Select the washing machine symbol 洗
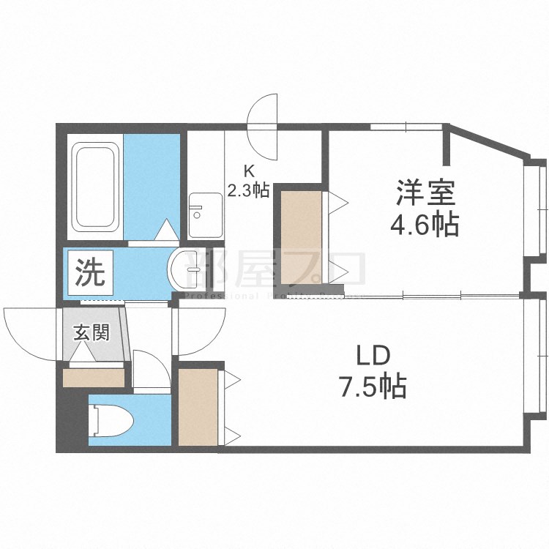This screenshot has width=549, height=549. click(x=91, y=272)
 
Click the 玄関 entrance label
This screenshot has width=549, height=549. click(x=91, y=332)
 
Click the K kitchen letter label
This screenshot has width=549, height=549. click(x=249, y=173)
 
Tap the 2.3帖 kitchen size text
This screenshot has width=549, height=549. click(x=249, y=191)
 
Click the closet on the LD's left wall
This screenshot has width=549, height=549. click(x=198, y=406)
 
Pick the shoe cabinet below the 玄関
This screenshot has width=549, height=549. click(x=94, y=378)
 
